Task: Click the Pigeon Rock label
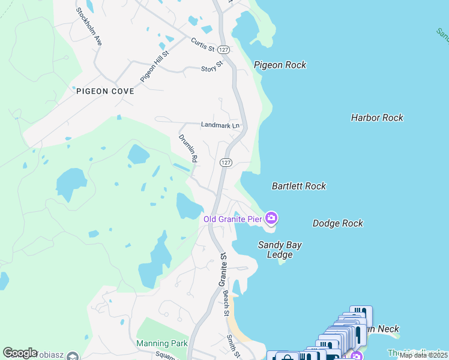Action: pyautogui.click(x=280, y=65)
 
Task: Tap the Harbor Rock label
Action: pyautogui.click(x=377, y=118)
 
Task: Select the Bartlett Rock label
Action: pyautogui.click(x=299, y=186)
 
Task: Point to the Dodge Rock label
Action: pyautogui.click(x=338, y=223)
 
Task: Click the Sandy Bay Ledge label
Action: pyautogui.click(x=280, y=250)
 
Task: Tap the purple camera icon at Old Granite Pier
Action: pyautogui.click(x=271, y=218)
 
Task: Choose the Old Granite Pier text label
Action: pyautogui.click(x=232, y=219)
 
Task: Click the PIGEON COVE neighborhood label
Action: pyautogui.click(x=105, y=92)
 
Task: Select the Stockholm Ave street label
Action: pyautogui.click(x=89, y=27)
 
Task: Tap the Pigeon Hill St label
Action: pyautogui.click(x=155, y=66)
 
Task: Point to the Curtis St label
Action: pyautogui.click(x=203, y=44)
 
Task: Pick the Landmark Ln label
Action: pyautogui.click(x=220, y=125)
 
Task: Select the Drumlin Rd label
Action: pyautogui.click(x=188, y=149)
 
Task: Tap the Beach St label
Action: pyautogui.click(x=226, y=303)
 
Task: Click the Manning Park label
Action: pyautogui.click(x=161, y=344)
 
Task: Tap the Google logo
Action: pyautogui.click(x=20, y=353)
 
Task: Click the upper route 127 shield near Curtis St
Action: pyautogui.click(x=223, y=49)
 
